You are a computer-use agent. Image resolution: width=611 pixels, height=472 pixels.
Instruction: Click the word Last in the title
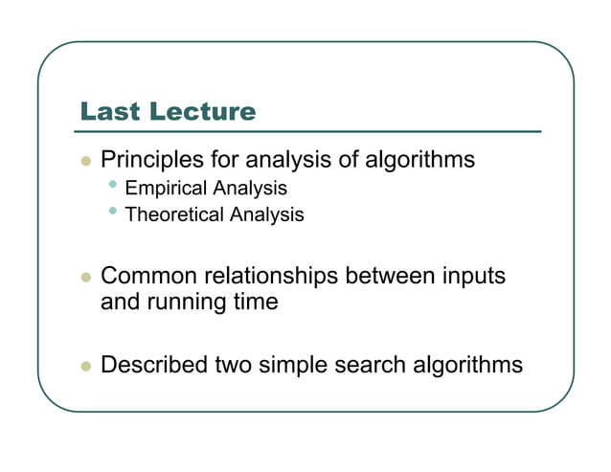click(x=108, y=112)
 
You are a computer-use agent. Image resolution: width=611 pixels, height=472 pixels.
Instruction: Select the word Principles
click(x=148, y=160)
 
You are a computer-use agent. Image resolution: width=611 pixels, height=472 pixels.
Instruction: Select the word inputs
click(x=469, y=277)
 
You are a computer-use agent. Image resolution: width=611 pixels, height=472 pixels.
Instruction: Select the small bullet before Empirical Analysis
click(x=114, y=185)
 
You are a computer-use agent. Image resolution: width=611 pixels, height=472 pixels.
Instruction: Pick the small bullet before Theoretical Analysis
click(x=114, y=211)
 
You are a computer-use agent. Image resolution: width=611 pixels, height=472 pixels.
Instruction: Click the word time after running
click(x=253, y=303)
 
